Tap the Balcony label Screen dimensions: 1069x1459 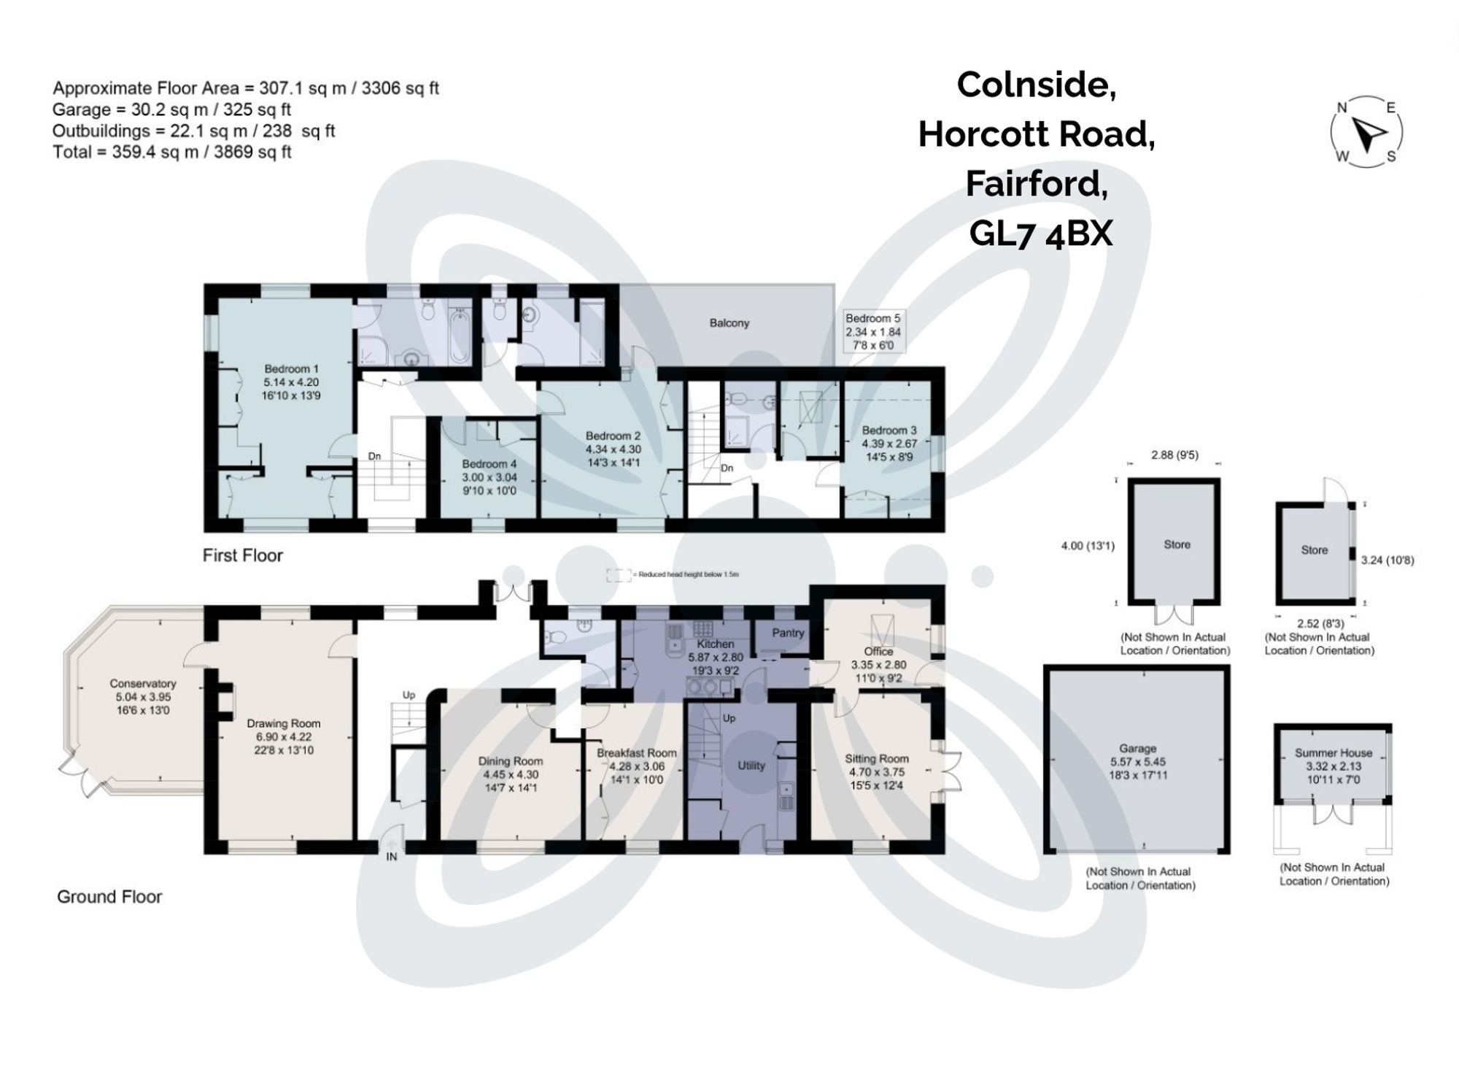(x=729, y=323)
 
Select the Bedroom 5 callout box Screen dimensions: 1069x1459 (x=873, y=331)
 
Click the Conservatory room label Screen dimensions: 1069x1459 (x=143, y=684)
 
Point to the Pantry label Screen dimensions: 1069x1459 (x=787, y=633)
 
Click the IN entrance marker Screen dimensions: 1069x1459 (x=392, y=857)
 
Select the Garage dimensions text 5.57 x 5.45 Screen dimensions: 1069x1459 (x=1138, y=761)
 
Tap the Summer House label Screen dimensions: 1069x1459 (x=1333, y=752)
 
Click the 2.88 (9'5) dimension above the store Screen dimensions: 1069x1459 (x=1174, y=455)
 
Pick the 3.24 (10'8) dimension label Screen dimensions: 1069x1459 (x=1387, y=560)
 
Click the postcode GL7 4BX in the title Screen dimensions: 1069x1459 (x=1040, y=234)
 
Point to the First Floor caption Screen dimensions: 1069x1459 (x=242, y=555)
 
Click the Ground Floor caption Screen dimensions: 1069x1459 (x=109, y=897)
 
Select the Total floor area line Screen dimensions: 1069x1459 (x=172, y=152)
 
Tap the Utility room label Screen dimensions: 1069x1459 (x=751, y=765)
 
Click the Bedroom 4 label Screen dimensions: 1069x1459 (x=489, y=464)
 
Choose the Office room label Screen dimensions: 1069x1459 (x=878, y=651)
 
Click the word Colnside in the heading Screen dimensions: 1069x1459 (x=1036, y=85)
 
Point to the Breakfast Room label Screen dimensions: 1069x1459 (x=636, y=752)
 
